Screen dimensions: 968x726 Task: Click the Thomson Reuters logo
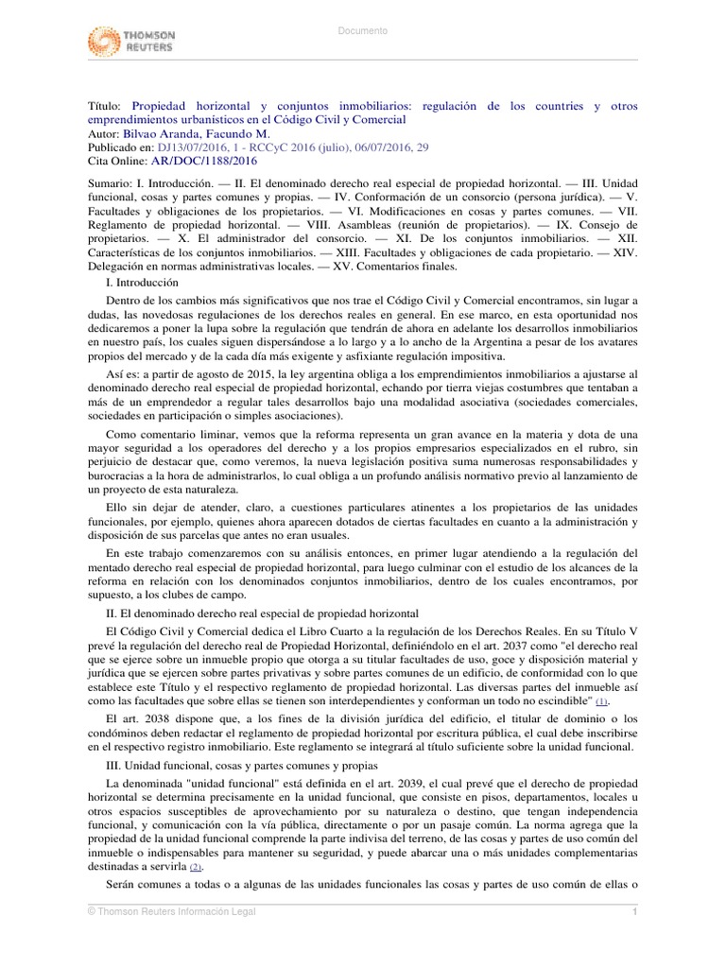pyautogui.click(x=131, y=42)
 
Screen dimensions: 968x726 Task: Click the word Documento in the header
pyautogui.click(x=363, y=31)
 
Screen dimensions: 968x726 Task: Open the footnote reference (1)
pyautogui.click(x=600, y=703)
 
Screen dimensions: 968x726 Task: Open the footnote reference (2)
pyautogui.click(x=196, y=867)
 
